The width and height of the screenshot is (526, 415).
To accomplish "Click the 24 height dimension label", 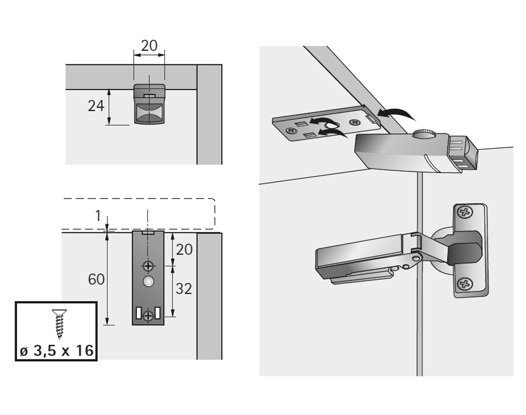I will click(x=96, y=106).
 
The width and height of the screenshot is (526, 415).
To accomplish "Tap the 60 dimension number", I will click(x=97, y=279).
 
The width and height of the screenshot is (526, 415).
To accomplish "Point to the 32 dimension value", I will click(x=184, y=289).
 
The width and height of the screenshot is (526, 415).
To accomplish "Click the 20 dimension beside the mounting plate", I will click(x=184, y=249).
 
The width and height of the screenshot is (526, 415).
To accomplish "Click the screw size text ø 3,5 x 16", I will click(x=56, y=351).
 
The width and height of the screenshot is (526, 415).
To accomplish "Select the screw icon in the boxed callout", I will click(x=59, y=324).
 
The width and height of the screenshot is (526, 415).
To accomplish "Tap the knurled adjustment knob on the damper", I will click(x=424, y=135).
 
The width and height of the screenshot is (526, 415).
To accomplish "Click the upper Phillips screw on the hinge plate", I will click(x=465, y=214).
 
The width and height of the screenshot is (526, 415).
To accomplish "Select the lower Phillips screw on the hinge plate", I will click(x=465, y=284).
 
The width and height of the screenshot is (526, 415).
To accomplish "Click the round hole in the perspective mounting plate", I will click(x=331, y=125).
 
